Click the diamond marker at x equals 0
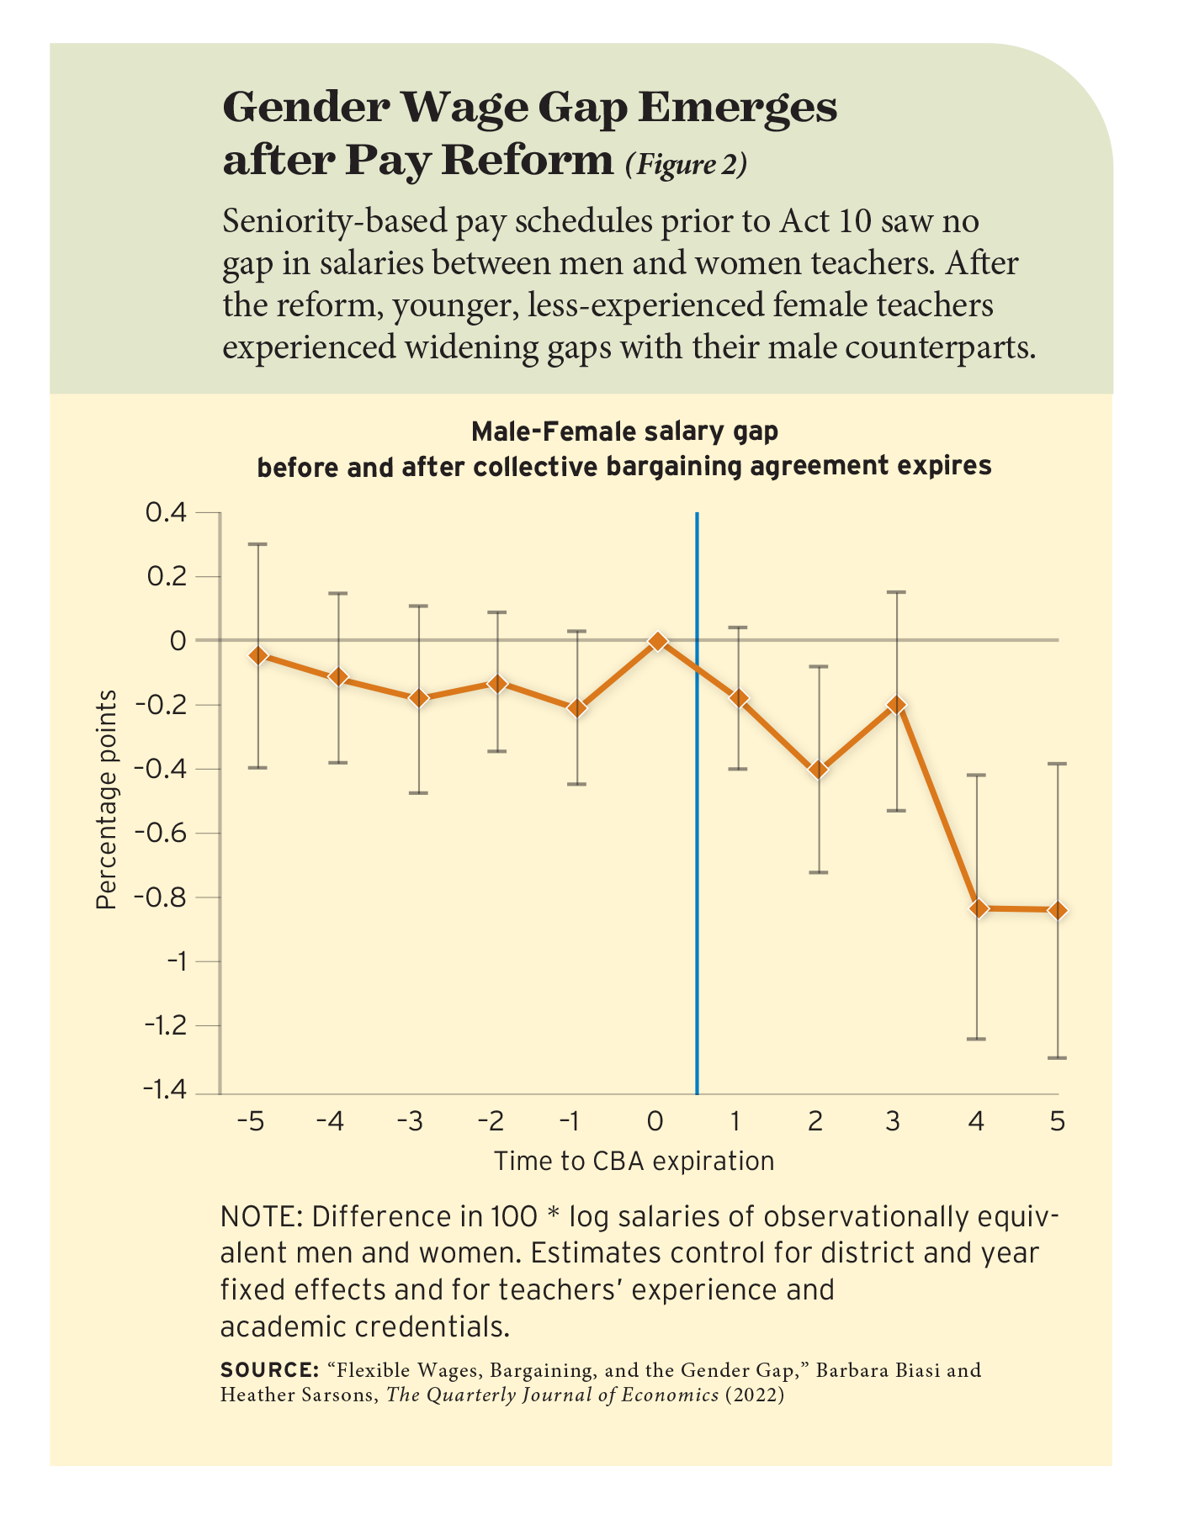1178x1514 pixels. tap(657, 642)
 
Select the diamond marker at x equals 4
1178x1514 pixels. tap(978, 908)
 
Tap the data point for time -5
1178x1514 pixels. tap(257, 654)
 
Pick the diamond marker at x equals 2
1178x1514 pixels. tap(818, 770)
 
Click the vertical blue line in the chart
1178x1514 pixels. tap(697, 841)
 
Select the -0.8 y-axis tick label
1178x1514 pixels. tap(168, 897)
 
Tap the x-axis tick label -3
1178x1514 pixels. tap(411, 1122)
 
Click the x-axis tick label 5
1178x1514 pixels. tap(1058, 1122)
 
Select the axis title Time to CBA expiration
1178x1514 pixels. tap(634, 1162)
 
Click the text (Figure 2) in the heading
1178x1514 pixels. tap(685, 164)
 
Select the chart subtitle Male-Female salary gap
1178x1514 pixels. tap(624, 431)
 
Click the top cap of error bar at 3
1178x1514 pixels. tap(897, 592)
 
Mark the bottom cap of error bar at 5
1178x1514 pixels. tap(1058, 1057)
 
